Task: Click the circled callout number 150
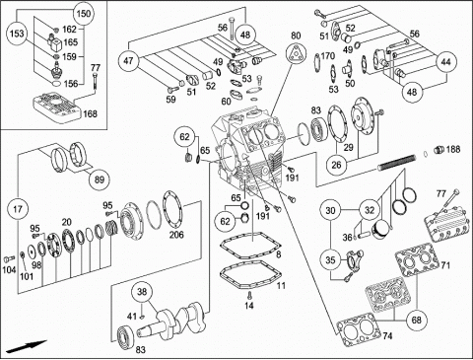pos(84,14)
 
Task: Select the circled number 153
pos(17,34)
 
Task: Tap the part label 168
pos(90,113)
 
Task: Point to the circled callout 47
pos(129,60)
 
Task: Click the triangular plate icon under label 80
pos(296,54)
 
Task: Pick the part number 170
pos(328,56)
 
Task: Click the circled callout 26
pos(337,165)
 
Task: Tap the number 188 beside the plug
pos(453,149)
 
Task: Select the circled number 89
pos(100,180)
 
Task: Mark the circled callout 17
pos(18,209)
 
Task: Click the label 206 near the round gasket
pos(176,235)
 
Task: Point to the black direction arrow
pos(27,346)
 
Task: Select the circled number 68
pos(416,320)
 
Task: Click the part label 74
pos(387,336)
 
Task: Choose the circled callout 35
pos(330,259)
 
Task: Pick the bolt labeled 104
pos(8,258)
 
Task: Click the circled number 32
pos(370,210)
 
